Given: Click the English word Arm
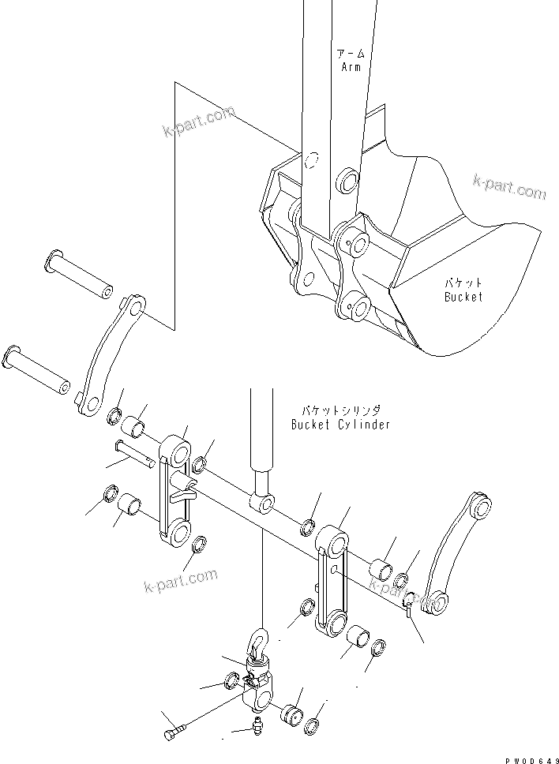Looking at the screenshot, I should pyautogui.click(x=351, y=68).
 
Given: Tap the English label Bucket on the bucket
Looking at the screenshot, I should pyautogui.click(x=463, y=297).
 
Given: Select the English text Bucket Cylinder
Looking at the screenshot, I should pyautogui.click(x=340, y=425).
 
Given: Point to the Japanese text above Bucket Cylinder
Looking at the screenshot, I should pyautogui.click(x=340, y=410).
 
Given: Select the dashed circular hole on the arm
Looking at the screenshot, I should pyautogui.click(x=311, y=162).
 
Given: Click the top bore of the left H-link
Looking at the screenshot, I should pyautogui.click(x=178, y=455).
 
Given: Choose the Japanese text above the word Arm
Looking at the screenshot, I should pyautogui.click(x=351, y=54).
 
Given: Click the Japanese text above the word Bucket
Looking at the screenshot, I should pyautogui.click(x=463, y=283).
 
